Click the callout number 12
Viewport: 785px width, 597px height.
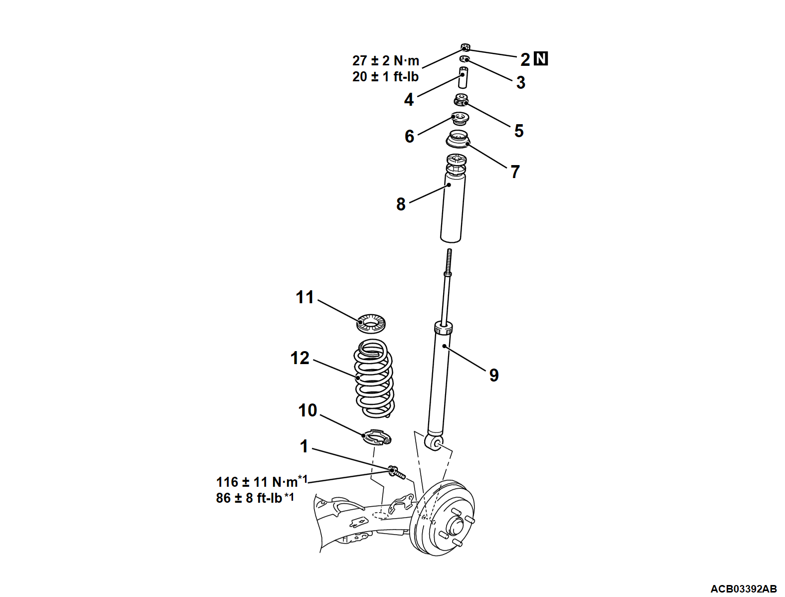[300, 358]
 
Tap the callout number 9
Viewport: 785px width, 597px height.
[493, 375]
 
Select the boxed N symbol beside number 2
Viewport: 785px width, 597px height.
[541, 59]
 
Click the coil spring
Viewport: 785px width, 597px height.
[374, 379]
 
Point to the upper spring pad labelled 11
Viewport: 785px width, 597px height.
[371, 324]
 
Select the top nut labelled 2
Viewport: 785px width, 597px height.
[465, 48]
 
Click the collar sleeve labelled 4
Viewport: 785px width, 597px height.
[463, 77]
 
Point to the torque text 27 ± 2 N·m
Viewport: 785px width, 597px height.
[385, 61]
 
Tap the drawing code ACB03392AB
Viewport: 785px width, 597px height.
[743, 589]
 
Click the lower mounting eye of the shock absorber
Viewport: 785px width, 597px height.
[433, 442]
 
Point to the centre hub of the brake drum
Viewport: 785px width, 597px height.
[455, 527]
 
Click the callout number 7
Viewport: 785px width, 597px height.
[515, 172]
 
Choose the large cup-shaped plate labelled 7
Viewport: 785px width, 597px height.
[458, 140]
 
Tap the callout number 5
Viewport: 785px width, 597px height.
[519, 131]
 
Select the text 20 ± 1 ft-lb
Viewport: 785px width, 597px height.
[385, 77]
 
